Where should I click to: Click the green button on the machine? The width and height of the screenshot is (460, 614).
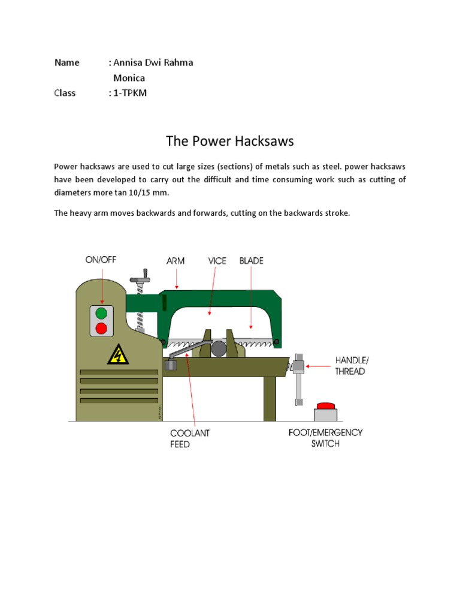click(x=102, y=312)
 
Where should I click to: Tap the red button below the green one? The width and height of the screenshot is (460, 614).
click(x=102, y=328)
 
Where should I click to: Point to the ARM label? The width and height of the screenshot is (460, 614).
click(x=175, y=261)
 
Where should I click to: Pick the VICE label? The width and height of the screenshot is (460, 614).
click(x=218, y=261)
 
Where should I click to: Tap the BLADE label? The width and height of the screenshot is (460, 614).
click(x=252, y=261)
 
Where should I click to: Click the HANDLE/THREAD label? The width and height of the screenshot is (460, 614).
click(x=350, y=365)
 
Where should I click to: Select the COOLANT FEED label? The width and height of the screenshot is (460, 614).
click(x=190, y=438)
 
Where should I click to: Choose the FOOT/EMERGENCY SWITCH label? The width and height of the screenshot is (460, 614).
click(x=325, y=438)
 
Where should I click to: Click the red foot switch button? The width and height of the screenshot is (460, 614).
click(x=325, y=406)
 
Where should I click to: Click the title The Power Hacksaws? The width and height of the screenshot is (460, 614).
click(x=230, y=142)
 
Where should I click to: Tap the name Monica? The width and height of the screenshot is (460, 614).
click(x=129, y=78)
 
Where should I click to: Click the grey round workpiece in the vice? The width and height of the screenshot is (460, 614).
click(x=218, y=348)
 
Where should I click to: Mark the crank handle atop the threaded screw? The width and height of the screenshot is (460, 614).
click(x=142, y=279)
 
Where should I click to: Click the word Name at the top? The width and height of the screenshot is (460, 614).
click(x=67, y=62)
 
